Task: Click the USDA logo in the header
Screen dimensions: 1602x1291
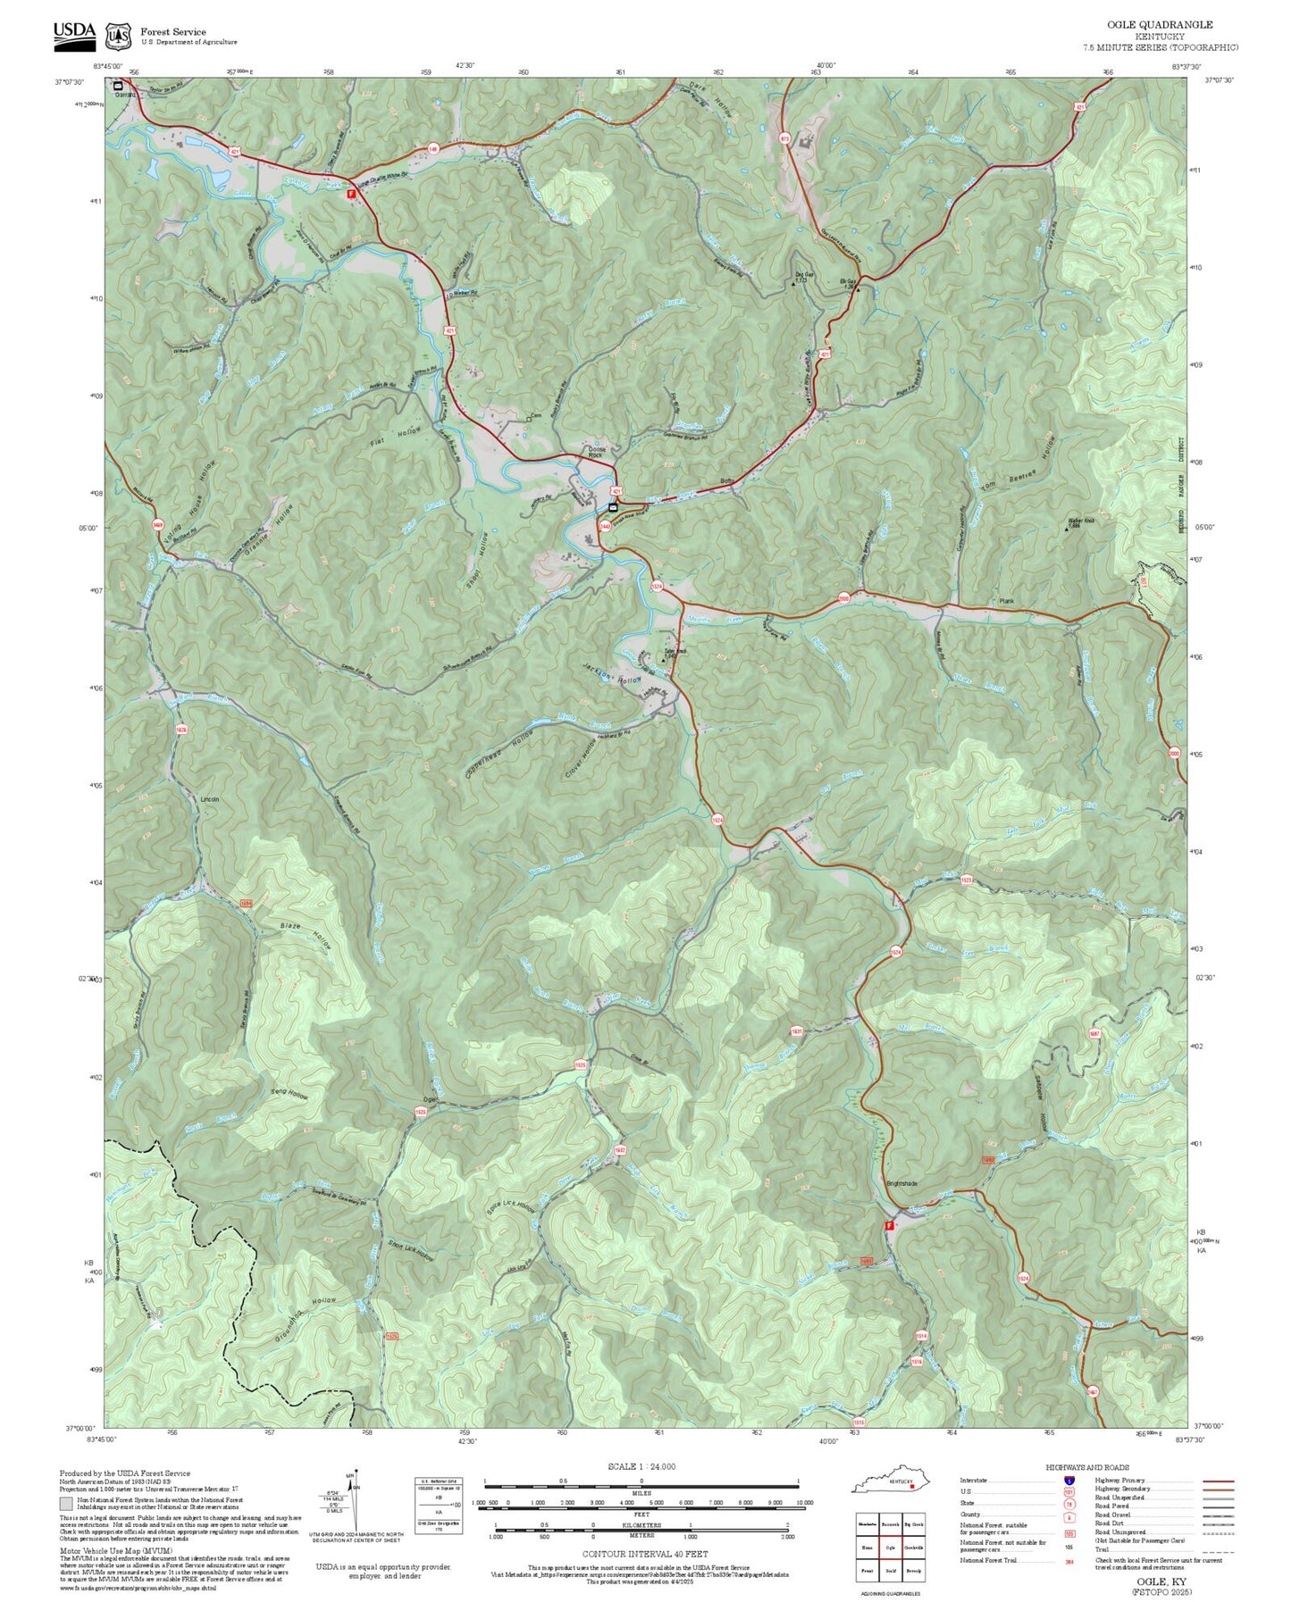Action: point(73,34)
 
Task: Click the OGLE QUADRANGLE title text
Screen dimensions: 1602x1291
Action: point(1161,25)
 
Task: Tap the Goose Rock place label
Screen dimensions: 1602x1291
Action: point(595,452)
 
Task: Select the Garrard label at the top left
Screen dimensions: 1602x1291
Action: point(125,94)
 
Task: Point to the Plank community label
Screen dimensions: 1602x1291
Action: point(1007,601)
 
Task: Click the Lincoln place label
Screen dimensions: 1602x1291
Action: point(209,799)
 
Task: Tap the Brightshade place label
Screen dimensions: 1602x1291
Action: point(901,1183)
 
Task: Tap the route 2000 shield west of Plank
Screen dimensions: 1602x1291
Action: point(843,598)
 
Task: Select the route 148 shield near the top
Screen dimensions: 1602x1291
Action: point(433,148)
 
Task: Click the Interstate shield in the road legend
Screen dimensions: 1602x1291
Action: point(1069,1481)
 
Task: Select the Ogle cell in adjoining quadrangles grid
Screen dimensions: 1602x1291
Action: point(890,1548)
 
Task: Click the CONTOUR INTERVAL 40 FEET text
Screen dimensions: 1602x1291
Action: point(644,1554)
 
